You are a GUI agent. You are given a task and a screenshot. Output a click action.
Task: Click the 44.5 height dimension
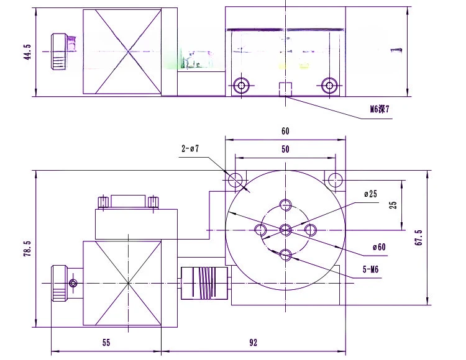coord(27,52)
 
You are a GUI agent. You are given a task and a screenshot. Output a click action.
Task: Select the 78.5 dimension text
coord(27,248)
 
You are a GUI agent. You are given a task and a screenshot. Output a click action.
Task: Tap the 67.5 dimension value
coord(418,238)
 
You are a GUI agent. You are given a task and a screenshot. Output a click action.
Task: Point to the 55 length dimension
coord(106,343)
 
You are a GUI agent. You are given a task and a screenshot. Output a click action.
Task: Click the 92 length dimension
coord(254,343)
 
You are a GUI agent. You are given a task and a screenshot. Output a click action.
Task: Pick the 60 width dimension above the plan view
coord(285,131)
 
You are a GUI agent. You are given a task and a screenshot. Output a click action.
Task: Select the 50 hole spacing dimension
coord(285,149)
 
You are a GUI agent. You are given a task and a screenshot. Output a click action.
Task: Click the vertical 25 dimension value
coord(393,205)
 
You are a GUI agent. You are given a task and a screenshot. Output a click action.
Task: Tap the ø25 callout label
coord(370,194)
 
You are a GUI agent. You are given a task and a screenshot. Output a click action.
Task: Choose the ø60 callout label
coord(379,247)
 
